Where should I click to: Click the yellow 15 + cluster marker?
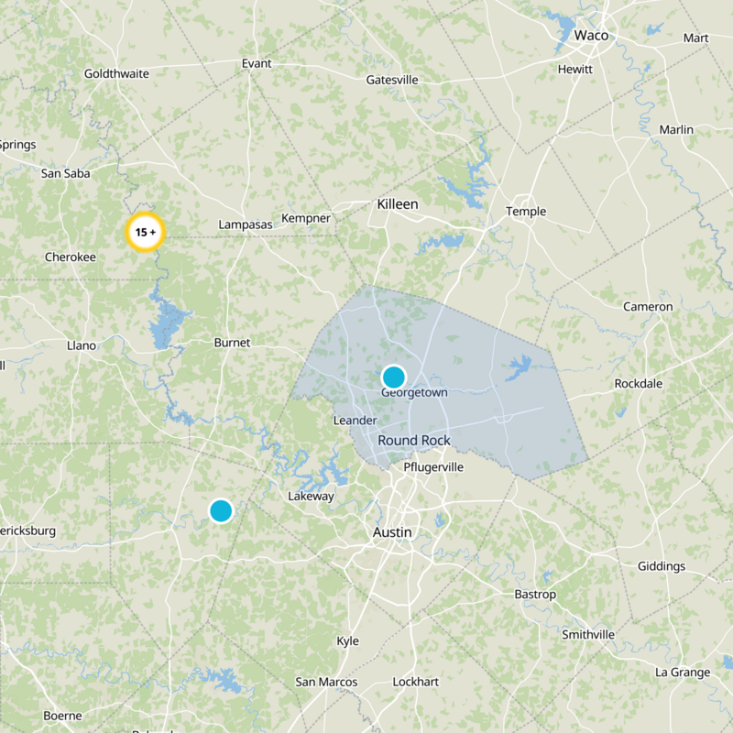[x=144, y=232]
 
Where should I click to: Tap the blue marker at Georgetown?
[x=393, y=377]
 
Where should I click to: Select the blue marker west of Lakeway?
[x=221, y=510]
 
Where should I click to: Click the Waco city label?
[x=591, y=35]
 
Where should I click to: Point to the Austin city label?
[x=392, y=532]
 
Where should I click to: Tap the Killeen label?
[x=397, y=204]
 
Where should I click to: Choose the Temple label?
[x=526, y=212]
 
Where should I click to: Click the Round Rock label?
[x=414, y=441]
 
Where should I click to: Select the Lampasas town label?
[x=241, y=224]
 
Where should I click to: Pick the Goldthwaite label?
[x=116, y=73]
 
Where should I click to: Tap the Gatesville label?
[x=392, y=80]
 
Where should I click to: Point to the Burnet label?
[x=232, y=343]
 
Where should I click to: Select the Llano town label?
[x=82, y=345]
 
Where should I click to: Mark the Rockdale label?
[x=640, y=383]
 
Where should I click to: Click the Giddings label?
[x=661, y=566]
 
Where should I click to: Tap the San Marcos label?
[x=326, y=682]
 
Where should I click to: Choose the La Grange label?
[x=683, y=673]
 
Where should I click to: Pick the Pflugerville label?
[x=434, y=467]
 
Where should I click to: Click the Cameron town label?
[x=648, y=307]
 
